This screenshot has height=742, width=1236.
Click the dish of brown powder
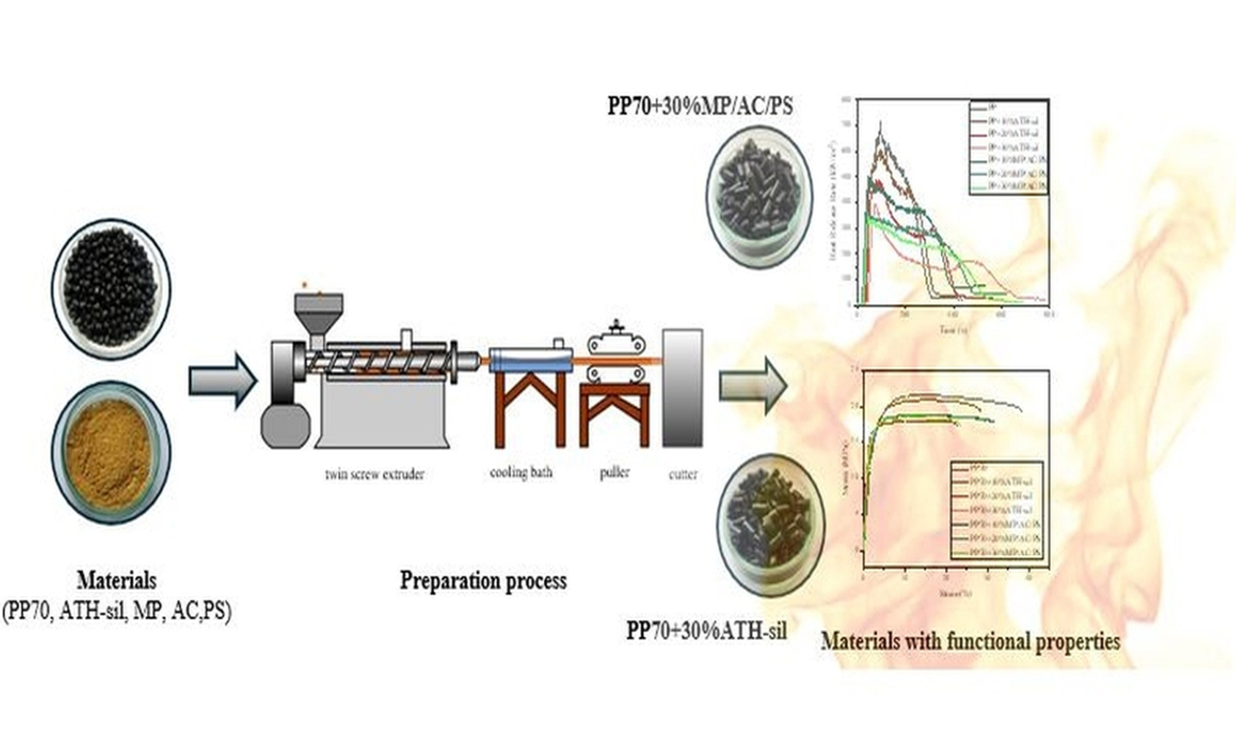[111, 451]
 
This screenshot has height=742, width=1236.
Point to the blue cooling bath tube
[531, 360]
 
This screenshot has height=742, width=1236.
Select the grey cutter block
[682, 387]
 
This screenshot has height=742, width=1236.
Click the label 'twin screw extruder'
[374, 474]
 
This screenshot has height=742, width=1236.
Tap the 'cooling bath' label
[521, 472]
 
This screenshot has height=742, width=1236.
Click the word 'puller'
[615, 472]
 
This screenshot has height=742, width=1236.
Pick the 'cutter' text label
[682, 474]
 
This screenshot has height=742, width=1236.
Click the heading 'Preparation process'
[483, 580]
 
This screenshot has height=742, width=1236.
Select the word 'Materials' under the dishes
[116, 580]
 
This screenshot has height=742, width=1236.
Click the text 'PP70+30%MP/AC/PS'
[700, 106]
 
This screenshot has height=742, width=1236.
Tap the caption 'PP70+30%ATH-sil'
[706, 631]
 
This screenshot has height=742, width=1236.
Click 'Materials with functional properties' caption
[971, 641]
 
